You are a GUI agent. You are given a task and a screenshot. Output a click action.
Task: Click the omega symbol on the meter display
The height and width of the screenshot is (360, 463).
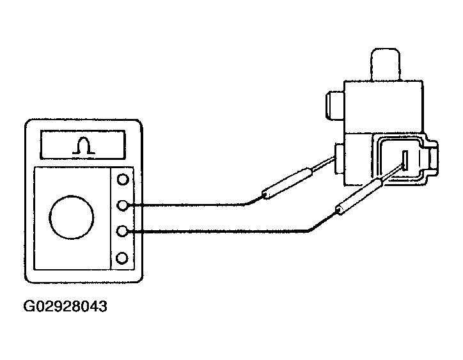pyautogui.click(x=84, y=145)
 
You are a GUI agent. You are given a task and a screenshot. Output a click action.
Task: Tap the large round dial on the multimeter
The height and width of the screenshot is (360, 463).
pyautogui.click(x=72, y=217)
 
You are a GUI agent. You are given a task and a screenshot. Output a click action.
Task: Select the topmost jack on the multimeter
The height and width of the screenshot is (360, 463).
pyautogui.click(x=123, y=179)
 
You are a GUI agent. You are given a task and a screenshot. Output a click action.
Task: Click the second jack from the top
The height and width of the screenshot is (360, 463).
pyautogui.click(x=123, y=205)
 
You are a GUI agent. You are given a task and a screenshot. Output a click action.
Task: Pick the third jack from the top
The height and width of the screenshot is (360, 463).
pyautogui.click(x=122, y=231)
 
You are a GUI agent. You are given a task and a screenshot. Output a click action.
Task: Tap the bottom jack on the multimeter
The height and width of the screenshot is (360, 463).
pyautogui.click(x=122, y=258)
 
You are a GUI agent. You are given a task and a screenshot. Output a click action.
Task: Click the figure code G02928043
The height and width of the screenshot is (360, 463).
pyautogui.click(x=65, y=306)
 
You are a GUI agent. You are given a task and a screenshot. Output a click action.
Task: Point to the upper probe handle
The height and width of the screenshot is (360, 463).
pyautogui.click(x=286, y=183)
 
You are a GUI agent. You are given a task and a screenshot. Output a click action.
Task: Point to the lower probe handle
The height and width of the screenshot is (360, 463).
pyautogui.click(x=359, y=196)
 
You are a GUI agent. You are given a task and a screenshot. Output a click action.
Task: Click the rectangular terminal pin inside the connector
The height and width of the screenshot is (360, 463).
pyautogui.click(x=405, y=160)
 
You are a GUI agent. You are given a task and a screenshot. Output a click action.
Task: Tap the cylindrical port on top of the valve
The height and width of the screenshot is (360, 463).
pyautogui.click(x=386, y=65)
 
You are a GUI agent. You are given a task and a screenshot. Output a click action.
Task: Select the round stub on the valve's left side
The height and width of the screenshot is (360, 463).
pyautogui.click(x=335, y=106)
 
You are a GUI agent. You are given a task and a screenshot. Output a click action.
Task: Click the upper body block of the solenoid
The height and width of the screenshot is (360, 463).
pyautogui.click(x=384, y=106)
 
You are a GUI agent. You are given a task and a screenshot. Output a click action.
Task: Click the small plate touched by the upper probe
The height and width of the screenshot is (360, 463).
pyautogui.click(x=340, y=159)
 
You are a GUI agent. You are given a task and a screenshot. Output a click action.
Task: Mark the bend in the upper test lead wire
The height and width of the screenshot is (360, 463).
pyautogui.click(x=245, y=204)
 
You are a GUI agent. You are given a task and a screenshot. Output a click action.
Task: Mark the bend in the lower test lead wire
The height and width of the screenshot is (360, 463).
pyautogui.click(x=310, y=230)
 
